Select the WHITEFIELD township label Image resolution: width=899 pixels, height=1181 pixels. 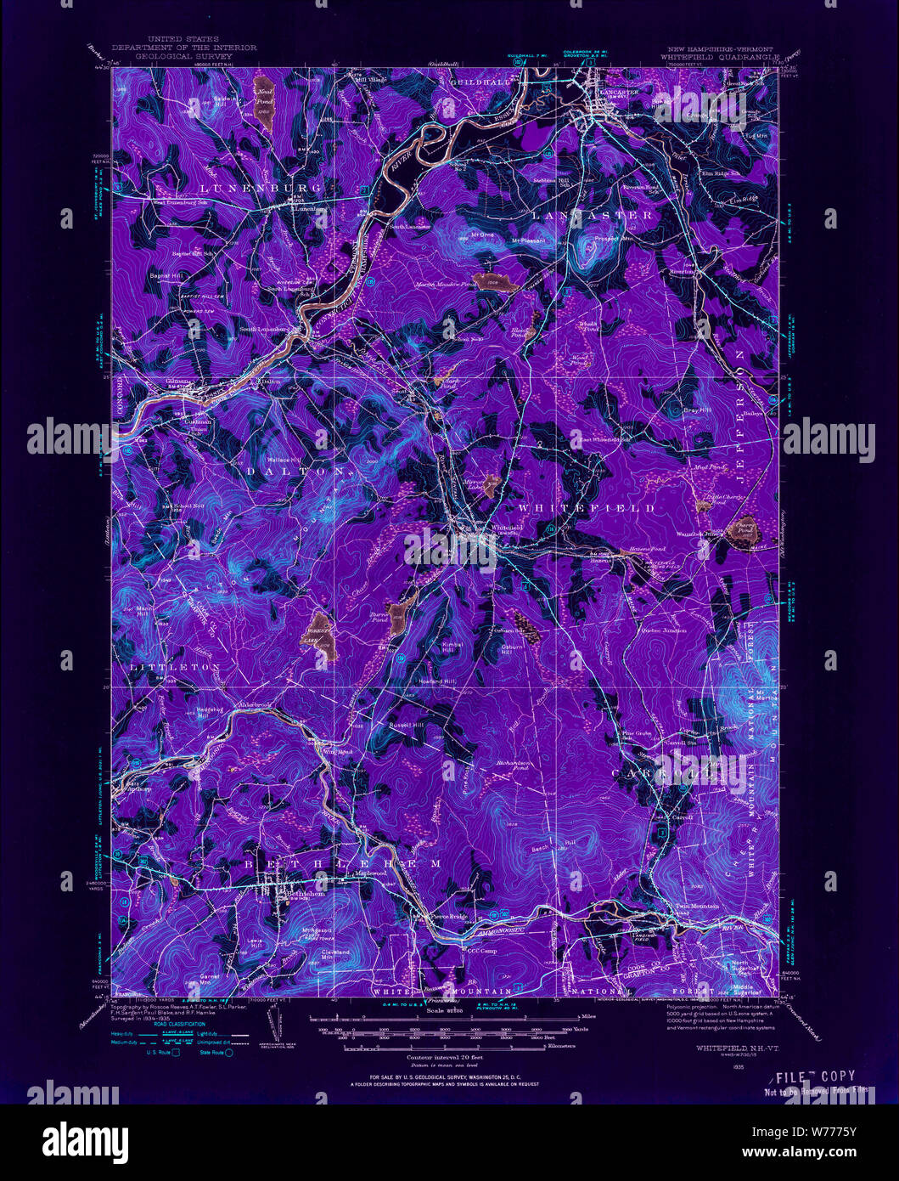coord(586,507)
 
